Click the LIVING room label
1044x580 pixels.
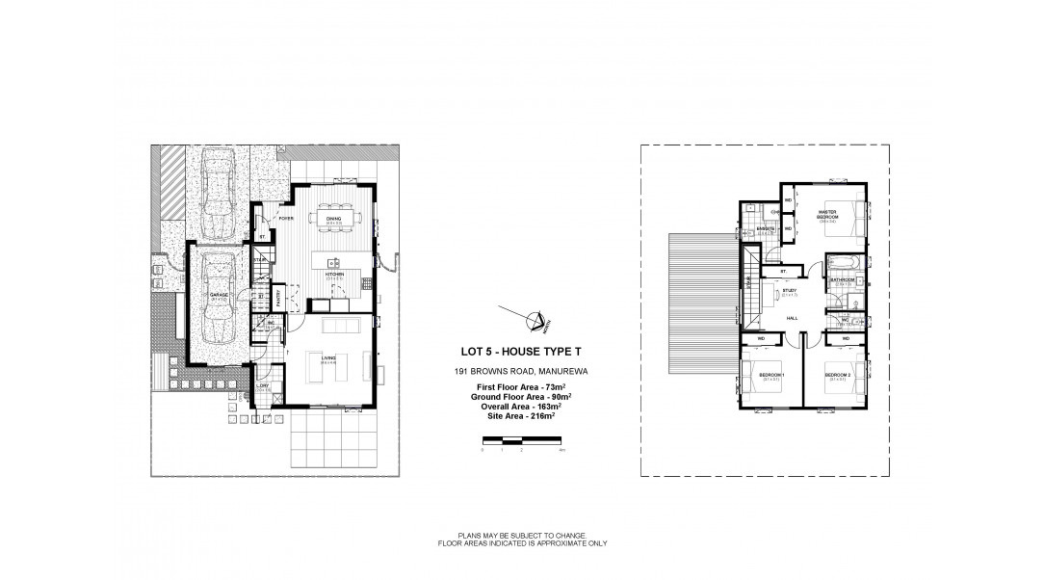pyautogui.click(x=327, y=358)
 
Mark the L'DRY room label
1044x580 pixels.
pyautogui.click(x=262, y=386)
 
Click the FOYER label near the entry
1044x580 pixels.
pyautogui.click(x=286, y=219)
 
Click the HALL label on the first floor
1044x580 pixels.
pyautogui.click(x=791, y=318)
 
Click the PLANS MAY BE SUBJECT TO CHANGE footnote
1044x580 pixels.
pyautogui.click(x=521, y=538)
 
